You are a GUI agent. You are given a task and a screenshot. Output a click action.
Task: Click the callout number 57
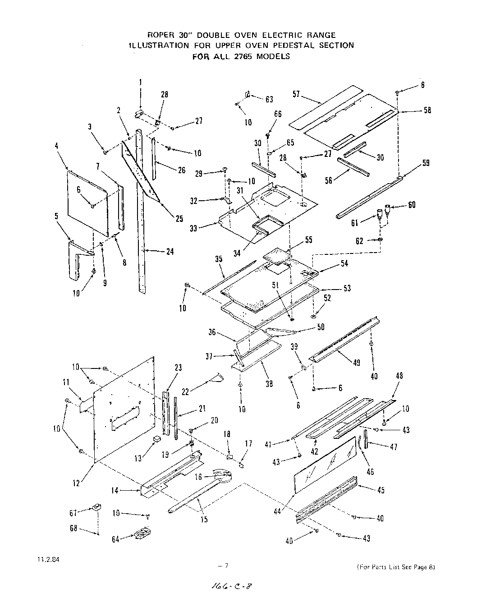click(297, 95)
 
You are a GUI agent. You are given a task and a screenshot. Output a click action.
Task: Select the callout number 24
click(170, 252)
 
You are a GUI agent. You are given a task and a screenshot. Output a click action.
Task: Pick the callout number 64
click(115, 539)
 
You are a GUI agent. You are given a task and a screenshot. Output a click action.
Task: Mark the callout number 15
click(204, 520)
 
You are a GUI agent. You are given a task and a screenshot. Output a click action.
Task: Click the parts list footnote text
click(396, 567)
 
